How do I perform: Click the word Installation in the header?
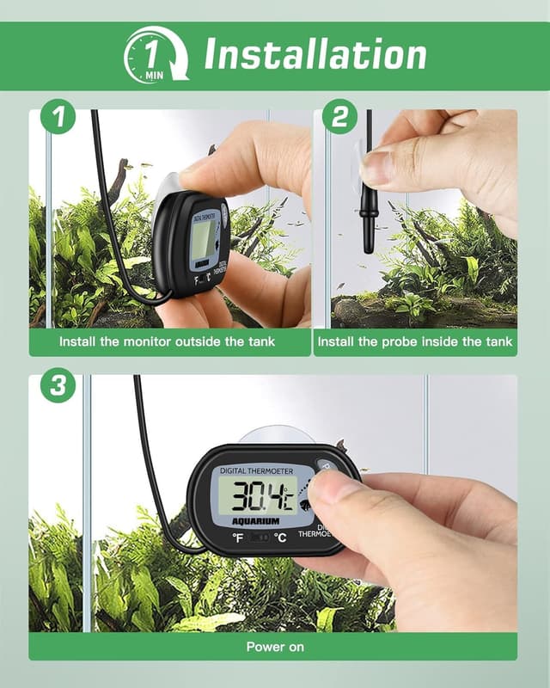pyautogui.click(x=315, y=55)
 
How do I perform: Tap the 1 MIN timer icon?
pyautogui.click(x=155, y=55)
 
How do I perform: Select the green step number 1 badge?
pyautogui.click(x=58, y=118)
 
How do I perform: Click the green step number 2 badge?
pyautogui.click(x=340, y=118)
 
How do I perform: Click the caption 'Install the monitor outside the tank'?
pyautogui.click(x=167, y=342)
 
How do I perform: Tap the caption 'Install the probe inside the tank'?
pyautogui.click(x=414, y=342)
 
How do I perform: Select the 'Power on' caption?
pyautogui.click(x=274, y=647)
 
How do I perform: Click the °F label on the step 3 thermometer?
pyautogui.click(x=237, y=538)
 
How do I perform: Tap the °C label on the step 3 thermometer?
pyautogui.click(x=280, y=538)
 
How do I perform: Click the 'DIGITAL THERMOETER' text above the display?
pyautogui.click(x=256, y=471)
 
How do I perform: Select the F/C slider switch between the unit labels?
pyautogui.click(x=259, y=538)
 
